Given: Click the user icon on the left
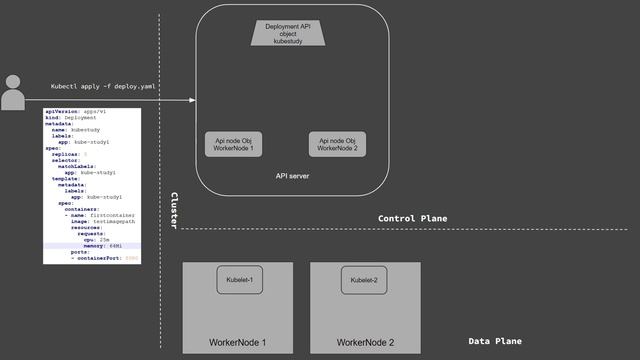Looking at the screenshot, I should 13,92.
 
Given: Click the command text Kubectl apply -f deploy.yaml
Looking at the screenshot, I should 104,87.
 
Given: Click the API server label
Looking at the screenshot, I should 293,176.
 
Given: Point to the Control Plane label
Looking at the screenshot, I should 412,218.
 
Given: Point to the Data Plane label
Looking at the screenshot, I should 495,341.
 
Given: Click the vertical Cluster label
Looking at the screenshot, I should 174,211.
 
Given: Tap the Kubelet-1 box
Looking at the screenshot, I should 240,281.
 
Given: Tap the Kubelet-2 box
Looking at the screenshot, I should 364,281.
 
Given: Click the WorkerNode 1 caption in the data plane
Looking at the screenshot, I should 237,343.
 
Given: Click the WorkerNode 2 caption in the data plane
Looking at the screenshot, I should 365,343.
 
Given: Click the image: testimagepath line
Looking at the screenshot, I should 104,220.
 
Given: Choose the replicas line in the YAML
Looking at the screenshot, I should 68,155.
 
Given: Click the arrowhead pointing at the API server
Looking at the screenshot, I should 192,101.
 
